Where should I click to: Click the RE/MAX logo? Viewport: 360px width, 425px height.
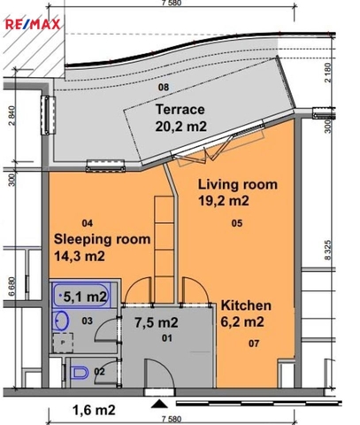click(x=33, y=24)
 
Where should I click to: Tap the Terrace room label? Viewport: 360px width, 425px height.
click(x=180, y=110)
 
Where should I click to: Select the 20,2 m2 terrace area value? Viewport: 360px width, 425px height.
click(x=181, y=127)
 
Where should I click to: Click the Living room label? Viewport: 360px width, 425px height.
click(x=238, y=184)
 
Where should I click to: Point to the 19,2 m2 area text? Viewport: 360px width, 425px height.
click(x=224, y=201)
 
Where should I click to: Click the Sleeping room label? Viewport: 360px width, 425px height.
click(x=102, y=240)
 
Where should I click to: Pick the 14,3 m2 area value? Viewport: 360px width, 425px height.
click(x=80, y=256)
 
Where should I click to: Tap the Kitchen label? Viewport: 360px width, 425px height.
click(x=246, y=305)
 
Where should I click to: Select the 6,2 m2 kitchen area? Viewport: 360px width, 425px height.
click(x=242, y=321)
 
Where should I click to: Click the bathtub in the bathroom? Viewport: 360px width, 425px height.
click(x=81, y=295)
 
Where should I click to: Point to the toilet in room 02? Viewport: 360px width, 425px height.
click(x=80, y=373)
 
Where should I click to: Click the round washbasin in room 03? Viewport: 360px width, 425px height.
click(x=61, y=320)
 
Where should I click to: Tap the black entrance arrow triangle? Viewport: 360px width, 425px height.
click(x=159, y=404)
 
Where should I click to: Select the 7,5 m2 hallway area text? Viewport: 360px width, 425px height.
click(x=157, y=322)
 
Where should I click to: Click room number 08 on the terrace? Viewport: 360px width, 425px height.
click(x=164, y=88)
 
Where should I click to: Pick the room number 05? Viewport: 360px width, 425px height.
click(x=237, y=223)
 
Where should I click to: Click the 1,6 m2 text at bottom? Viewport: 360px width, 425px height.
click(x=94, y=410)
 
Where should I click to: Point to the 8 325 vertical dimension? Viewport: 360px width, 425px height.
click(x=328, y=250)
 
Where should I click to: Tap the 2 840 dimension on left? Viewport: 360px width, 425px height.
click(x=11, y=116)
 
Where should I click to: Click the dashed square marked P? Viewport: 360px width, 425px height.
click(x=63, y=343)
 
